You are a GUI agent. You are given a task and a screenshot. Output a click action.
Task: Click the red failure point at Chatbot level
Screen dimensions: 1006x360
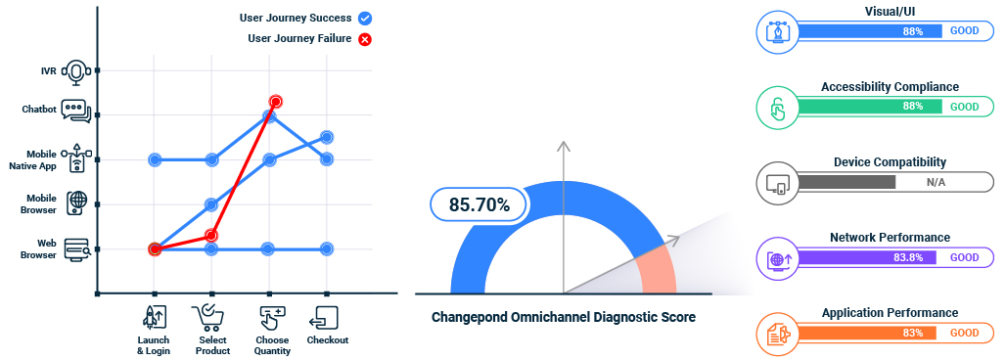[x=276, y=102]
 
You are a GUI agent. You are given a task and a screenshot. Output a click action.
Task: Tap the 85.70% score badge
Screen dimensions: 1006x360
[x=480, y=205]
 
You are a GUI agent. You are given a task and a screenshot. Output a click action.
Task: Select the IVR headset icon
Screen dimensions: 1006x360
[x=76, y=71]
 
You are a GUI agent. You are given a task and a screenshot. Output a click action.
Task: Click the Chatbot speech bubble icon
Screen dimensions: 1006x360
[x=76, y=111]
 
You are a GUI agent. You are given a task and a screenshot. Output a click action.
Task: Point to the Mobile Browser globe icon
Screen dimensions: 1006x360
[x=77, y=202]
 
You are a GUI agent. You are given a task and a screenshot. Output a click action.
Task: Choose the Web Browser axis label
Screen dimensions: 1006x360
[x=46, y=249]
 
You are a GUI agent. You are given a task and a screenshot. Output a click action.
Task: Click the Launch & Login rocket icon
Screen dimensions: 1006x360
[x=154, y=317]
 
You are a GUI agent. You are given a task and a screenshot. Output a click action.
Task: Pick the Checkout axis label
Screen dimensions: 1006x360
[x=327, y=340]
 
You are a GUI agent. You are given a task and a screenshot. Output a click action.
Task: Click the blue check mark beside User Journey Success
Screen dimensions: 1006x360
[x=366, y=18]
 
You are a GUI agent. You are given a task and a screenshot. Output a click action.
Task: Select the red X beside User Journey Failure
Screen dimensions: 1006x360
[x=364, y=39]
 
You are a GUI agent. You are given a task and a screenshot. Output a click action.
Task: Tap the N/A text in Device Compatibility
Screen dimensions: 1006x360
[x=937, y=182]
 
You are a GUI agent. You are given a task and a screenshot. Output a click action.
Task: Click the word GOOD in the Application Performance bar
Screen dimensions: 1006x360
[x=964, y=333]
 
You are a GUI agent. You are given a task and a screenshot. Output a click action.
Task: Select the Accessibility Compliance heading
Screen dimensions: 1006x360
[x=890, y=87]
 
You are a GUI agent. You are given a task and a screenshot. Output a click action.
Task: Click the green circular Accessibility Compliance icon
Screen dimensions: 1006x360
[x=776, y=106]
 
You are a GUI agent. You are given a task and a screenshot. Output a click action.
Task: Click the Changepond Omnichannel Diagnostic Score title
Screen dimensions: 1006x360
[x=564, y=317]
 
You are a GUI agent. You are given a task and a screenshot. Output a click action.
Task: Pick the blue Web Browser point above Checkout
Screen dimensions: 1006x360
[x=327, y=249]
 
